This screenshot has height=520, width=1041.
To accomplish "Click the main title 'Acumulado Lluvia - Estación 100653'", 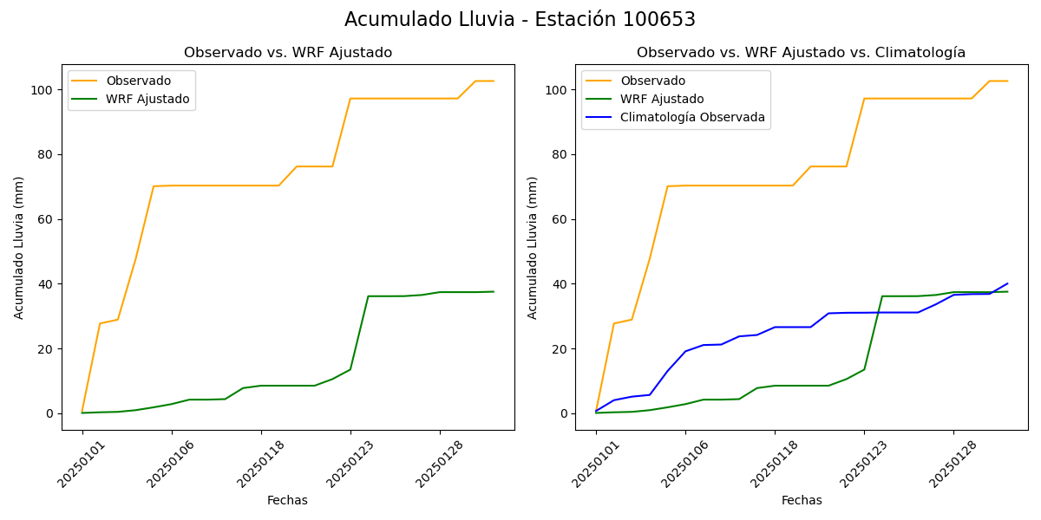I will point(520,20).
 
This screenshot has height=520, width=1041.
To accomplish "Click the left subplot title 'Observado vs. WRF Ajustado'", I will point(287,53).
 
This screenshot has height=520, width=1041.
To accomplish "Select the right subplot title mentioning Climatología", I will point(801,53).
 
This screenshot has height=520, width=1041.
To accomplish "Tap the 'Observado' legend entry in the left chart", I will point(139,81).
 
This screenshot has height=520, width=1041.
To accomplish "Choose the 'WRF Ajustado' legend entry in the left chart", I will point(147,99).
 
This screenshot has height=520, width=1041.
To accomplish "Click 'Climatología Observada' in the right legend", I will point(692,117).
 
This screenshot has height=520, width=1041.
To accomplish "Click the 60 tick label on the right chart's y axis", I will point(561,219).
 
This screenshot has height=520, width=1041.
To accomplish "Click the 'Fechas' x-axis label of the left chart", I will point(287,500).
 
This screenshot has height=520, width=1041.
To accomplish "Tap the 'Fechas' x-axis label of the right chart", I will point(802,500).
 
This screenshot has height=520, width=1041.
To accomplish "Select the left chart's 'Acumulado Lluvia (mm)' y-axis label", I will point(20,247).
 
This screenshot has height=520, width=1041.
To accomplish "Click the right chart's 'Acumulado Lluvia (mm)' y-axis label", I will point(534,247).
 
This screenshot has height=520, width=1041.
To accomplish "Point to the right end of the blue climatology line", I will point(1007,283).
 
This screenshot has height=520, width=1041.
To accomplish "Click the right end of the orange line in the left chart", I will point(494,81).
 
